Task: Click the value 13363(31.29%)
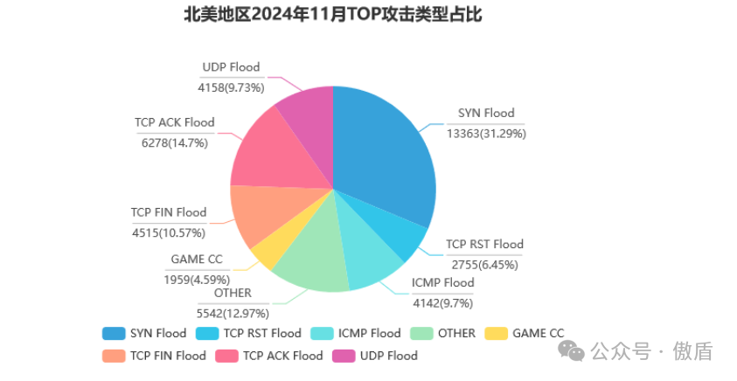(486, 134)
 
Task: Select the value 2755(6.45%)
(485, 264)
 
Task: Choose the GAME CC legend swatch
(496, 333)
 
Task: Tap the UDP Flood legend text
(388, 356)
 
